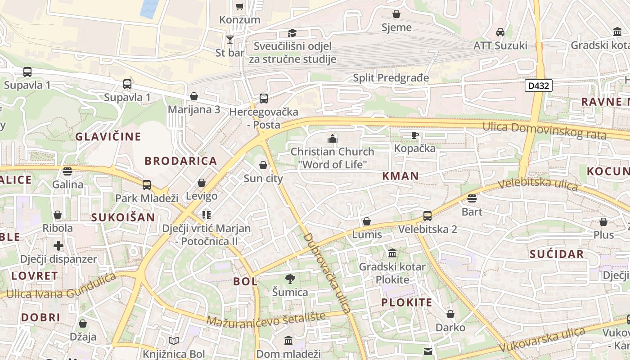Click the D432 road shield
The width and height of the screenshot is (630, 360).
tap(538, 85)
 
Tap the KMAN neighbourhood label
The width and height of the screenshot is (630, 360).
tap(400, 176)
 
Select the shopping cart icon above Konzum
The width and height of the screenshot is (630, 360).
tap(240, 7)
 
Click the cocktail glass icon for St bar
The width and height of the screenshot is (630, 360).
tap(230, 40)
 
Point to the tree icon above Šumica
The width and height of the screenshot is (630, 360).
tap(290, 279)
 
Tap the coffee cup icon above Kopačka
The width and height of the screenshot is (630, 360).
tap(415, 135)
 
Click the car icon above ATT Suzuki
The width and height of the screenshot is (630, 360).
tap(500, 32)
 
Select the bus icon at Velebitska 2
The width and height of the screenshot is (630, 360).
tap(427, 216)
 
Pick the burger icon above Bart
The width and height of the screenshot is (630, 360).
tap(472, 198)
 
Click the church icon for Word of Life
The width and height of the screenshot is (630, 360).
tap(333, 139)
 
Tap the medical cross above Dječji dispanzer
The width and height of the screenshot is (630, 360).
tap(58, 246)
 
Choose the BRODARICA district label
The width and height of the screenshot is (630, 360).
tap(180, 161)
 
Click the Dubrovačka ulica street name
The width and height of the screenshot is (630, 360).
tap(327, 273)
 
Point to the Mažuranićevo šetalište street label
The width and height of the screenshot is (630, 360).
tap(266, 319)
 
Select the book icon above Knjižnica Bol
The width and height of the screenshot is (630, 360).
tap(174, 341)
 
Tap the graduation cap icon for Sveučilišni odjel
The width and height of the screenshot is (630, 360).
tap(292, 33)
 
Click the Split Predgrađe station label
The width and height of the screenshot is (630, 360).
tap(391, 78)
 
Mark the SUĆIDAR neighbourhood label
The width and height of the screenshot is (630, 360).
tap(556, 254)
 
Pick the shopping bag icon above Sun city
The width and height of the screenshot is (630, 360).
tap(263, 166)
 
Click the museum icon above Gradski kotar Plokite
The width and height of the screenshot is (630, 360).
tap(392, 253)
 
